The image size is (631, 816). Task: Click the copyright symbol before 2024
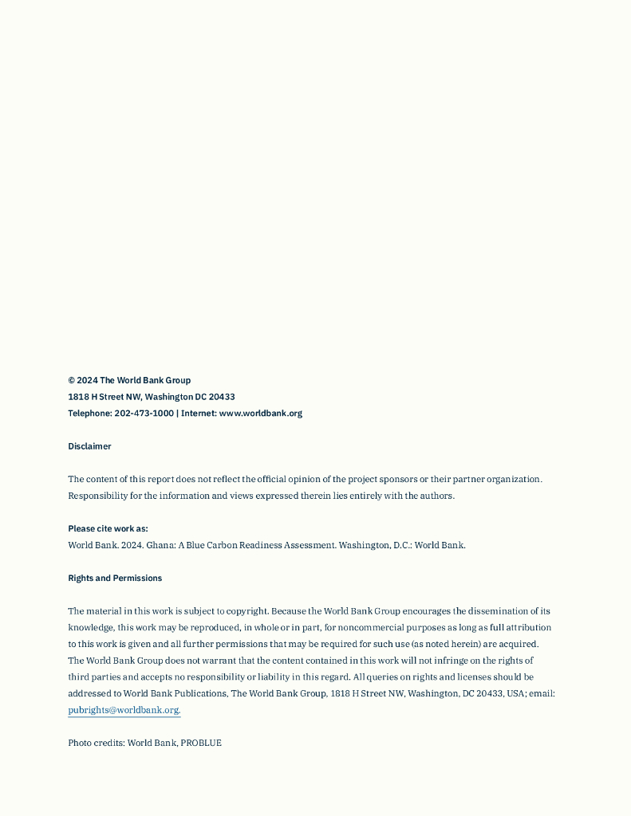click(x=72, y=381)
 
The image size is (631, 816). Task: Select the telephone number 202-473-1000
click(x=144, y=414)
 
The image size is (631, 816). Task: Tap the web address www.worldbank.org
click(x=261, y=414)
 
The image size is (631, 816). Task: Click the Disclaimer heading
click(x=89, y=446)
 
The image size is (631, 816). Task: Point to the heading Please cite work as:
click(x=108, y=528)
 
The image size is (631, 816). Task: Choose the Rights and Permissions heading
click(x=115, y=578)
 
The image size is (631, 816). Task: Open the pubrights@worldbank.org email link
click(x=124, y=710)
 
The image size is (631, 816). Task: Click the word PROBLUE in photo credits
click(x=201, y=743)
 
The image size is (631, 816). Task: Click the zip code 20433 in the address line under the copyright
click(x=222, y=397)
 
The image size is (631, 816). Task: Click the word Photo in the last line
click(x=80, y=743)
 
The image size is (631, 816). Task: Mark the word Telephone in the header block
click(x=89, y=414)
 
